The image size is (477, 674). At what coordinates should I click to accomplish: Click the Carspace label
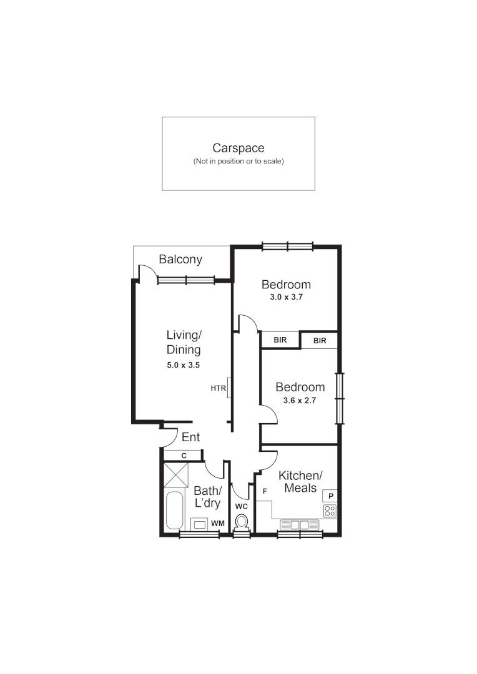[x=238, y=148]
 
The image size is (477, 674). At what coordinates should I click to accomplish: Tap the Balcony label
[x=180, y=260]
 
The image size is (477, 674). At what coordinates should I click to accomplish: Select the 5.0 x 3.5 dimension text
[x=183, y=366]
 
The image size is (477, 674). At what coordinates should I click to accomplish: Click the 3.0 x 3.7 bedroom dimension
[x=285, y=297]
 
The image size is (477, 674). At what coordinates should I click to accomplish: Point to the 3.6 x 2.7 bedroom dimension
[x=300, y=401]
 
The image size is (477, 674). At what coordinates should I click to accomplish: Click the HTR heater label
[x=218, y=388]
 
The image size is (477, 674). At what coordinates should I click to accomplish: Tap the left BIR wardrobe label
[x=280, y=340]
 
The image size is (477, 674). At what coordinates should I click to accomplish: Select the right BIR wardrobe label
[x=320, y=341]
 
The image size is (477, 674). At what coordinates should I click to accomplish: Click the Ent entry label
[x=190, y=437]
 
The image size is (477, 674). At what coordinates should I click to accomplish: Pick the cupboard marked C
[x=184, y=456]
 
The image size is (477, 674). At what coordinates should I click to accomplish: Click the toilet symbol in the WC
[x=242, y=521]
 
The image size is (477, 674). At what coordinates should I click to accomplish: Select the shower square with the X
[x=175, y=475]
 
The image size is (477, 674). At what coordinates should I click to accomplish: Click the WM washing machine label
[x=217, y=523]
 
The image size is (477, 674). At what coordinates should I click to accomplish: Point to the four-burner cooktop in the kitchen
[x=330, y=510]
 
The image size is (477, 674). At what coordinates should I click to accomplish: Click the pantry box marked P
[x=330, y=496]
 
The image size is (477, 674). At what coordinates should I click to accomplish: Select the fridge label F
[x=265, y=492]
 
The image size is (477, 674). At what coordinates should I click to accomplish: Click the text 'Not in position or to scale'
[x=238, y=161]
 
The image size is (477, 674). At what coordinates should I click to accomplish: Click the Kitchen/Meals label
[x=300, y=481]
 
